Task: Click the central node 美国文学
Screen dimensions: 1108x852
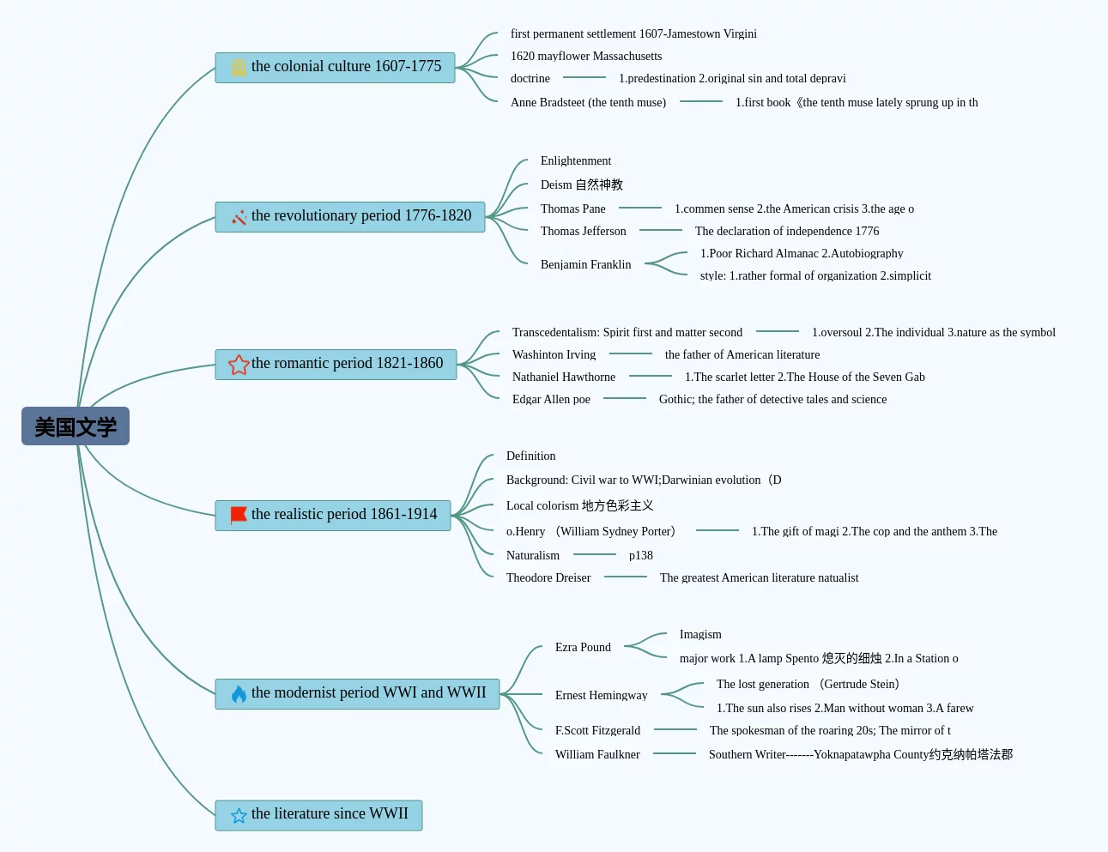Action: click(x=76, y=426)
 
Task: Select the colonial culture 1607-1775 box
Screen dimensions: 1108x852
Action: click(x=335, y=67)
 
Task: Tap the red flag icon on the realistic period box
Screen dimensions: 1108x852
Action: click(x=238, y=515)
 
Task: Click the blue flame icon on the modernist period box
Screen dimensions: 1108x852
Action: click(x=239, y=693)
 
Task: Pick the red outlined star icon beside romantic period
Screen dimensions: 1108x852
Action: click(x=239, y=365)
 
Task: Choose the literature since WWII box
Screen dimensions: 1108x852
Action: click(x=318, y=815)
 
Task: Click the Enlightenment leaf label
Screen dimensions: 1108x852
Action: click(x=576, y=161)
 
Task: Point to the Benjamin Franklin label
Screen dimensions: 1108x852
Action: click(x=585, y=264)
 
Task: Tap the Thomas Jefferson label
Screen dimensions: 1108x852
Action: click(x=584, y=231)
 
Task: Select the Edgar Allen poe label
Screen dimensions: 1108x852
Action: click(x=551, y=399)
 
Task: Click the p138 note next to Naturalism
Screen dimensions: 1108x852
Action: click(x=641, y=555)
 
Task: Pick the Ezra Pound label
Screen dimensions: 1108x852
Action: click(x=583, y=647)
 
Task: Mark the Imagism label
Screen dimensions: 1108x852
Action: click(x=700, y=634)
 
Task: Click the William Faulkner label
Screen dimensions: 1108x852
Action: click(x=597, y=754)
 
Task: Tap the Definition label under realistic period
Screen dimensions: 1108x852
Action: click(x=530, y=456)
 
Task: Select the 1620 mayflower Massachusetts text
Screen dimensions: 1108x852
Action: click(x=586, y=56)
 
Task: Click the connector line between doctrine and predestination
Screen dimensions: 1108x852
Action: click(x=584, y=77)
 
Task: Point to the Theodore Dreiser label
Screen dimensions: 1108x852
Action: click(x=548, y=577)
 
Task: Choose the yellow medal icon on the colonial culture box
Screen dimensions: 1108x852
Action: click(x=239, y=67)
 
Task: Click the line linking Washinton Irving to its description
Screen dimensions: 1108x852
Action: click(x=630, y=353)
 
